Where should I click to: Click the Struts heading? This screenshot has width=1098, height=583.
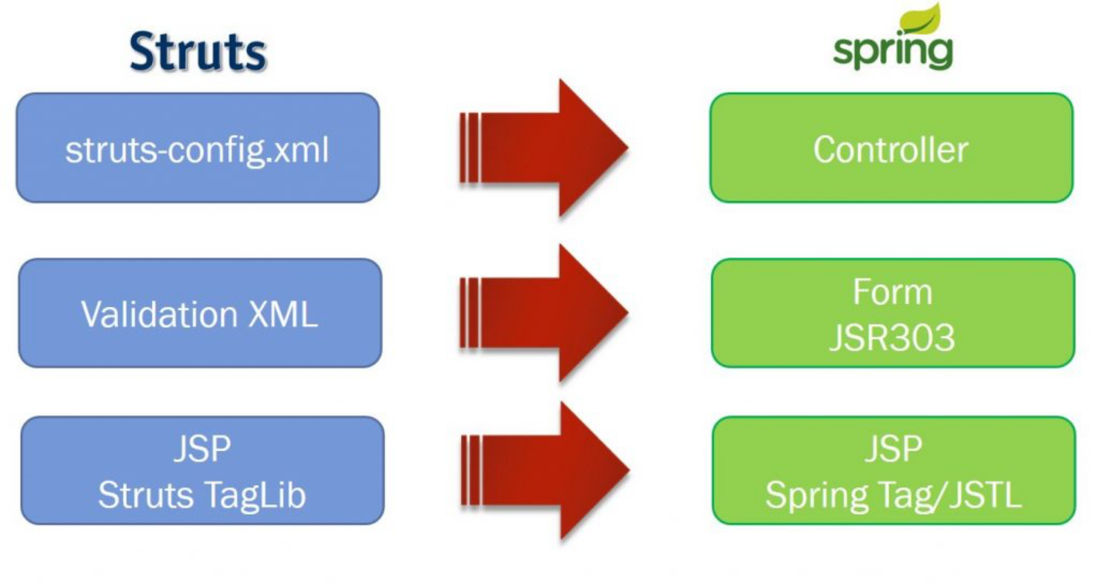(198, 52)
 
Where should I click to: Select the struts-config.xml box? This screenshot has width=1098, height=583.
(198, 148)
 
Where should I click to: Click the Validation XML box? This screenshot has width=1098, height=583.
(199, 313)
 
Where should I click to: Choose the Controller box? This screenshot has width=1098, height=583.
(891, 148)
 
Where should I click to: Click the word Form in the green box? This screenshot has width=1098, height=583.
(892, 292)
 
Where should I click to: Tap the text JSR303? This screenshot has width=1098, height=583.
(892, 337)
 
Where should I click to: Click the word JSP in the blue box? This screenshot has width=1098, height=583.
(202, 449)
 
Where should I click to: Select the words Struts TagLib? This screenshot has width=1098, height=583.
(202, 495)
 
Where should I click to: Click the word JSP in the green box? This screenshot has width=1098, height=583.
(893, 449)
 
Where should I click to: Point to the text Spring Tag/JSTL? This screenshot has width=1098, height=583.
(893, 495)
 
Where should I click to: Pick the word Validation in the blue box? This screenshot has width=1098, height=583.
(159, 315)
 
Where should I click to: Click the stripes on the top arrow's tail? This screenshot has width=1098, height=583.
(470, 148)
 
